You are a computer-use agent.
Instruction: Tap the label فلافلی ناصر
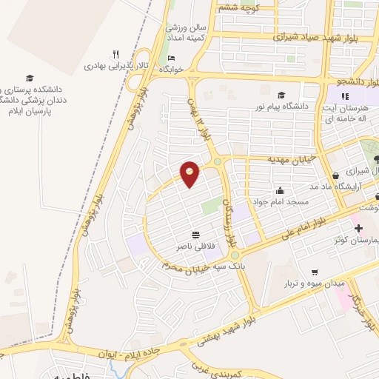tap(192, 244)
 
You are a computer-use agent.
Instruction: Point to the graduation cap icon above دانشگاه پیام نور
tap(281, 95)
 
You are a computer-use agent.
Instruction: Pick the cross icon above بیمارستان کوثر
tap(359, 228)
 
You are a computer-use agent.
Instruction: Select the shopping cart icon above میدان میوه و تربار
tap(315, 272)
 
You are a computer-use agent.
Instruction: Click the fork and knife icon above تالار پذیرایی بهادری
tap(115, 54)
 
